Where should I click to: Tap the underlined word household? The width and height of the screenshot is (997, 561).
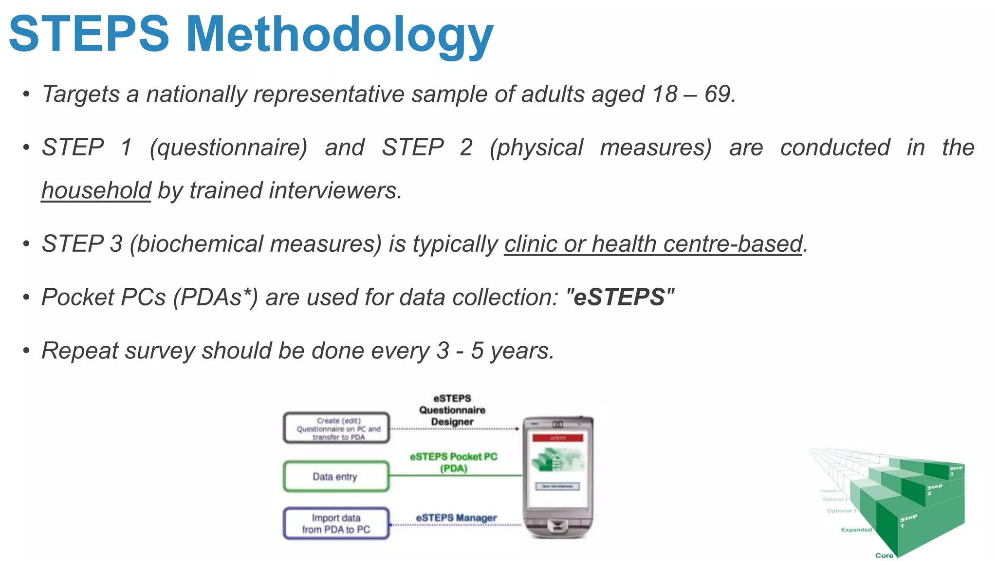pos(96,190)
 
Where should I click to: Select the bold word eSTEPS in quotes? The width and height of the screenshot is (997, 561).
pos(619,297)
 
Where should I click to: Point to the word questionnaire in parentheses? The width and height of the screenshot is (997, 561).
pos(228,148)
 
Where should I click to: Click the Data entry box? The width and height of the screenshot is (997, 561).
pos(336,476)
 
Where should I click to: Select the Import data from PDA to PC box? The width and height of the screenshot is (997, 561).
pos(336,524)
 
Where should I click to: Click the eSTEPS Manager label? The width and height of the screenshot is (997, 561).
pos(456,518)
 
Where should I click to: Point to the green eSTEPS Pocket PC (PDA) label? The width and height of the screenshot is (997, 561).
pos(453,462)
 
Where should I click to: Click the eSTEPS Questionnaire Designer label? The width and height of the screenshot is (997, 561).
pos(452,410)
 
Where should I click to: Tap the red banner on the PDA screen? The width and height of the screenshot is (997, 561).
pos(557,438)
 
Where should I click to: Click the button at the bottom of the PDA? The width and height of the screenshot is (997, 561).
pos(557,526)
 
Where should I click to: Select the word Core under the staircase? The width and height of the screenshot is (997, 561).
pos(884,555)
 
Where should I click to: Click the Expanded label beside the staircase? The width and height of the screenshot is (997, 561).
pos(856,529)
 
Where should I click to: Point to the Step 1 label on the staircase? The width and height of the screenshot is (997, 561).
pos(907,520)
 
